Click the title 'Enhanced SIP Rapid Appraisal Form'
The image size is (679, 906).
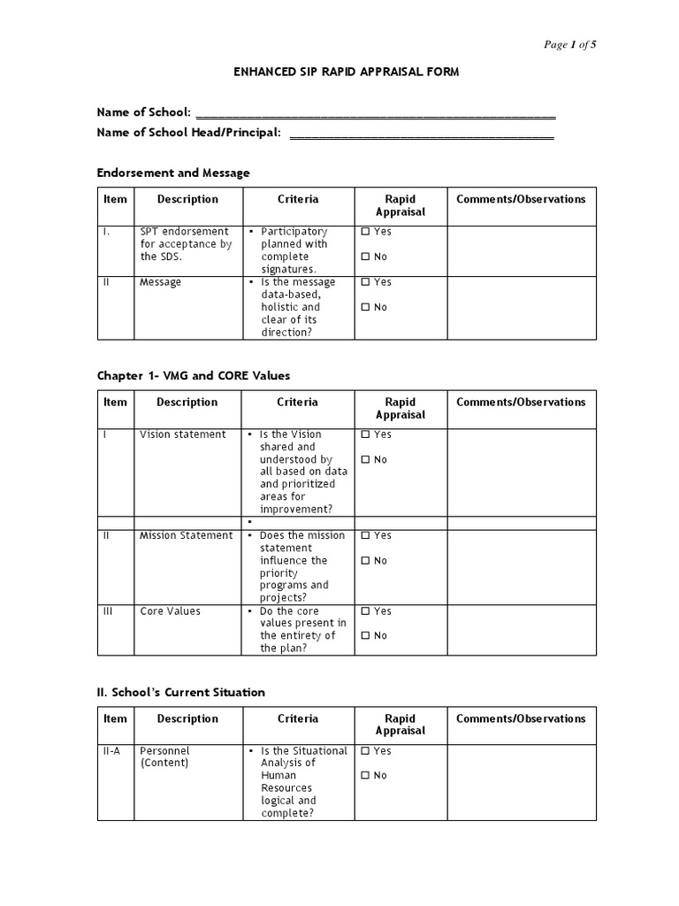(x=347, y=72)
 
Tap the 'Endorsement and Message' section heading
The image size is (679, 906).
(x=173, y=173)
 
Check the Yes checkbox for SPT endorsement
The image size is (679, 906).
(x=366, y=232)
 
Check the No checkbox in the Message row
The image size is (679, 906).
(x=366, y=308)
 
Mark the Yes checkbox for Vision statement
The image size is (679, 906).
(x=366, y=435)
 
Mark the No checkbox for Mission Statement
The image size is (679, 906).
(x=366, y=561)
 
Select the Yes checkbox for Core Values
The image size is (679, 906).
(x=366, y=611)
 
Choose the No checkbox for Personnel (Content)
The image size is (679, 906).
(x=366, y=776)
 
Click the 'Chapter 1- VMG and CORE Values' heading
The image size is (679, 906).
(x=193, y=376)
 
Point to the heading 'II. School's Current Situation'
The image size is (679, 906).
(x=180, y=692)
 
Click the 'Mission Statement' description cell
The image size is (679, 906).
(x=186, y=535)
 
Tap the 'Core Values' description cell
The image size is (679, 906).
(x=170, y=611)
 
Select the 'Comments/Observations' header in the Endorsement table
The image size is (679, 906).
(x=521, y=199)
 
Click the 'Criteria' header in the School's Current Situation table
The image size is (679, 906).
(x=297, y=718)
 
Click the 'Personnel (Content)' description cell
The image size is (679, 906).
(x=164, y=756)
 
